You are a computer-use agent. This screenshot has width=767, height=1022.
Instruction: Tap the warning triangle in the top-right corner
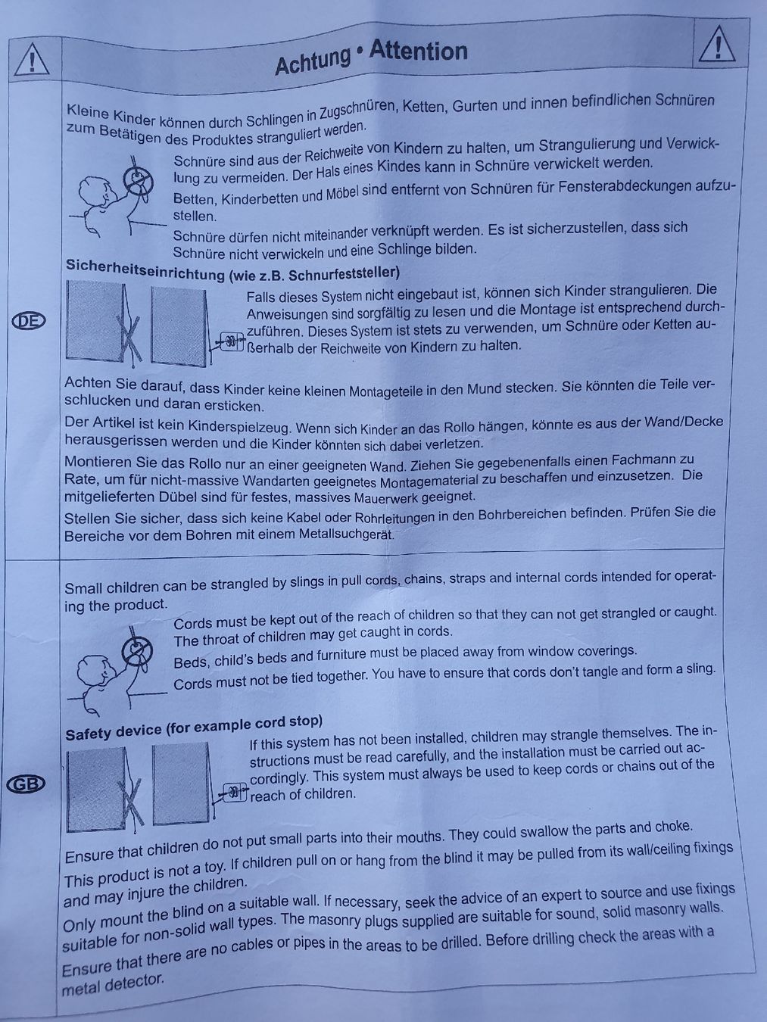pyautogui.click(x=717, y=44)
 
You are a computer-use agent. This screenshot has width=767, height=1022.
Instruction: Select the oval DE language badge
pyautogui.click(x=29, y=320)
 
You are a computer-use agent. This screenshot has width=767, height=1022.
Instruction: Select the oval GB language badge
pyautogui.click(x=26, y=784)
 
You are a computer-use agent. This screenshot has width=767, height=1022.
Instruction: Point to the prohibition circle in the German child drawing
pyautogui.click(x=139, y=180)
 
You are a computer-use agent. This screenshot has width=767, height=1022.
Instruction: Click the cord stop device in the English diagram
pyautogui.click(x=235, y=791)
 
